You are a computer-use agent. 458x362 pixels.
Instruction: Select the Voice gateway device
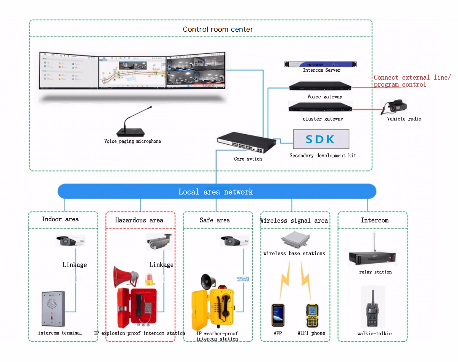coord(321,87)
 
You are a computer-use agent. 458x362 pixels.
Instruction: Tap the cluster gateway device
coord(321,108)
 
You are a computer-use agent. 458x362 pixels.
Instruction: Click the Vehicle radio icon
coord(393,107)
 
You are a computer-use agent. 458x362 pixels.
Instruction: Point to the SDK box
coord(321,139)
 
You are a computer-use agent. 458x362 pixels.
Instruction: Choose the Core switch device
coord(246,143)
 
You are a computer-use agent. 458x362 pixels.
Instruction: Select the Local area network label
coord(216,192)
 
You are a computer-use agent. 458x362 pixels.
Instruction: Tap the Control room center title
coord(218,29)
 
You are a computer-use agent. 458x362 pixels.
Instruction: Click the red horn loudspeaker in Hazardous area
coord(125,276)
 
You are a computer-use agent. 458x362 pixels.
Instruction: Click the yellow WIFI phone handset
coord(312,315)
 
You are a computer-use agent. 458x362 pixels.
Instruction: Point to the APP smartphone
coord(278,315)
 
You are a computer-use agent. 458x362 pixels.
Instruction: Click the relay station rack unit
coord(372,258)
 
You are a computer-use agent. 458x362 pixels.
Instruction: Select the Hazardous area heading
coord(139,220)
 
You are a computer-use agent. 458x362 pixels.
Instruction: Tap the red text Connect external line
coord(411,78)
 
